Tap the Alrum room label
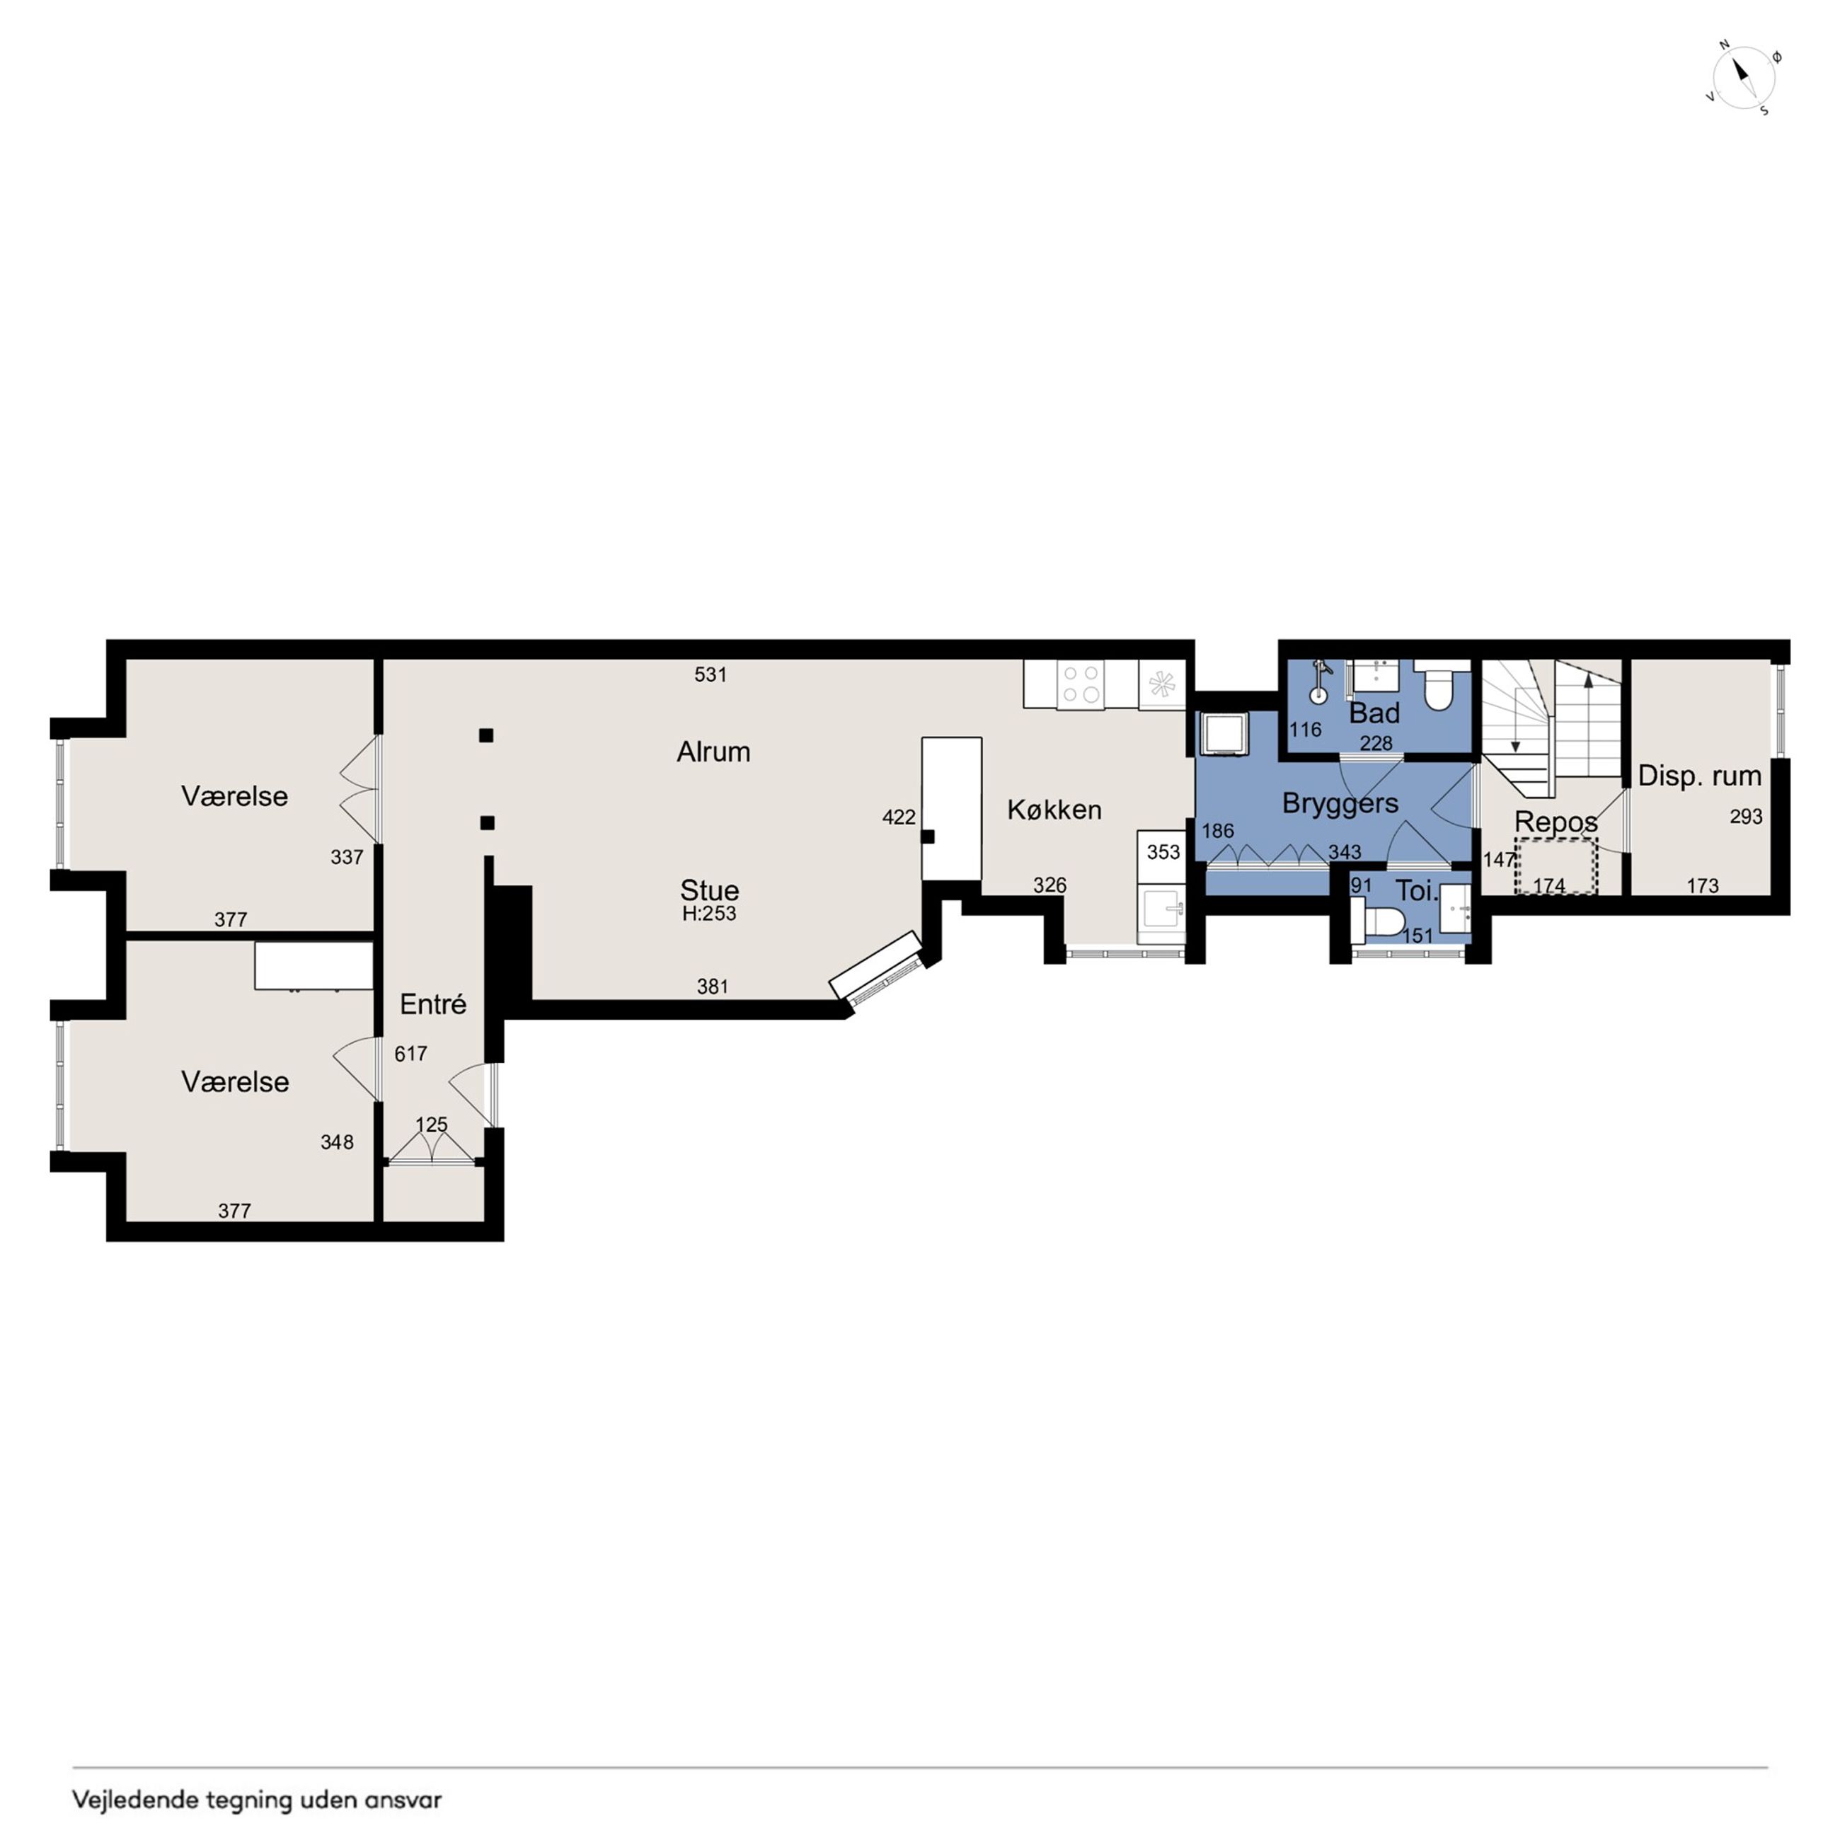point(713,752)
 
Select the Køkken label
point(1054,810)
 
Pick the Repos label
point(1556,822)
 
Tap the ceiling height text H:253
point(708,914)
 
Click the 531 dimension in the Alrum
point(711,674)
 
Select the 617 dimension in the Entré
point(410,1053)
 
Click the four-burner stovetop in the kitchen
point(1081,684)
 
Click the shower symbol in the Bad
point(1319,681)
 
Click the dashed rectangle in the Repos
point(1556,866)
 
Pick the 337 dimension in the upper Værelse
point(347,857)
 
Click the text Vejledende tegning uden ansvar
point(257,1800)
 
